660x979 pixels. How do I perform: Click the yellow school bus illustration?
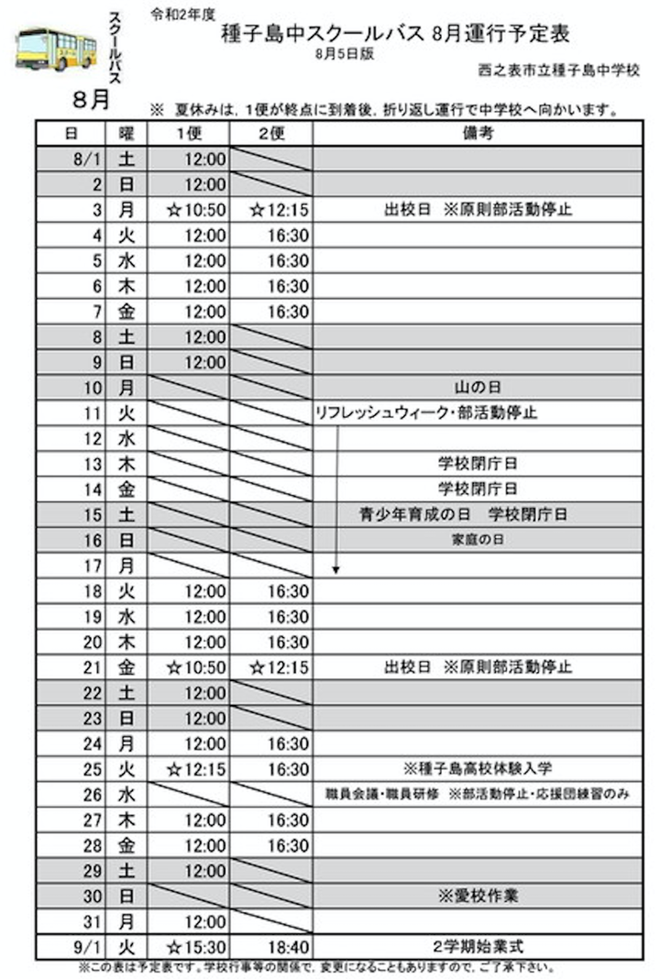coord(55,50)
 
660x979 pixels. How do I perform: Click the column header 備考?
coord(478,133)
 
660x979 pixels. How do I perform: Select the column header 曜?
coord(126,133)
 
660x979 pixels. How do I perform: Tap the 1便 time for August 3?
coord(195,210)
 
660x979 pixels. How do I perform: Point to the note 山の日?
coord(478,388)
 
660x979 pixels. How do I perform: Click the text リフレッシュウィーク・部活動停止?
coord(425,413)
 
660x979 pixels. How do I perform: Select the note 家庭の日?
coord(478,540)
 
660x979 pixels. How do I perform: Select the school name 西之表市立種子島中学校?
coord(559,71)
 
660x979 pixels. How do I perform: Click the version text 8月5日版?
coord(342,54)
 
